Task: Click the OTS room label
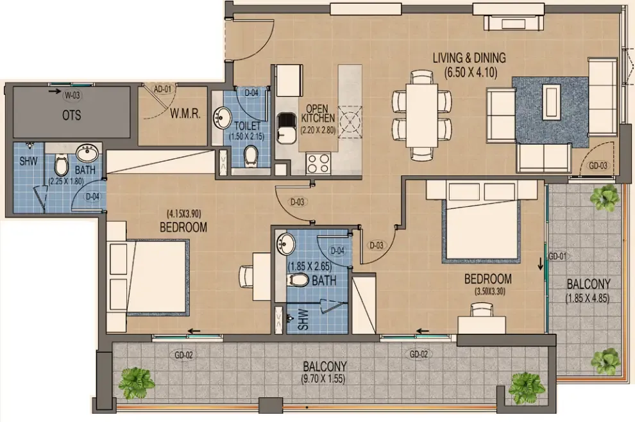71,115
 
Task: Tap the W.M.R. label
185,113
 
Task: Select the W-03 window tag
72,96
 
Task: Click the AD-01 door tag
162,89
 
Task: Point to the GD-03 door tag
598,166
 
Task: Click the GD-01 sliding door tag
557,256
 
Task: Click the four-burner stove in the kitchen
318,164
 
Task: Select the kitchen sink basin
287,128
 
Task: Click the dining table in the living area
421,116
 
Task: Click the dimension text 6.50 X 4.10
470,73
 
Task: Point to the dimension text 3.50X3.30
489,291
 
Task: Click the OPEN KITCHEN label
318,113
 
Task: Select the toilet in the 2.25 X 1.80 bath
61,165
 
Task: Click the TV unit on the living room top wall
514,23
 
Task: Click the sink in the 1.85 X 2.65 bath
286,244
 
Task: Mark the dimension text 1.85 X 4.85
587,298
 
